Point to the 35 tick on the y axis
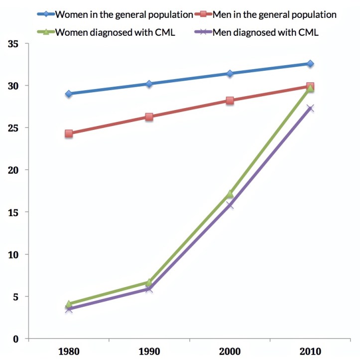pos(13,44)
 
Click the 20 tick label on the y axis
pos(13,170)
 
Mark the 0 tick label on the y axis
pos(16,339)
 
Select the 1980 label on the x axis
pos(69,351)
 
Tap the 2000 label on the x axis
pos(230,351)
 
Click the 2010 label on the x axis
pos(310,351)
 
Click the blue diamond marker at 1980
pos(69,94)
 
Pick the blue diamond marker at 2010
pos(310,64)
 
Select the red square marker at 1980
pos(69,133)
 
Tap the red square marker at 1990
pos(149,117)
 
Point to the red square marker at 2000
pos(230,101)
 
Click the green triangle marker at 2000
pos(230,194)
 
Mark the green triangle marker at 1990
pos(149,282)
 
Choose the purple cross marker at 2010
pos(310,109)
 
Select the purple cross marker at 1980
pos(69,309)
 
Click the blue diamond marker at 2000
pos(230,74)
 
